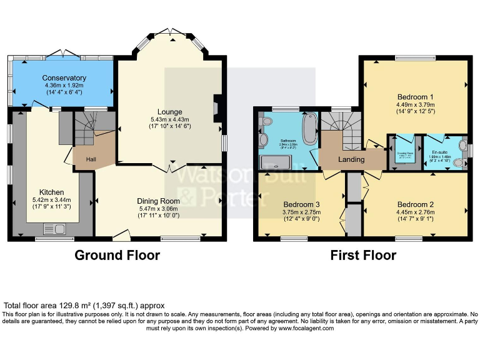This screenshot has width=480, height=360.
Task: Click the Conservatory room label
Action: pyautogui.click(x=64, y=77)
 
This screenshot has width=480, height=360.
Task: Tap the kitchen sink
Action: pyautogui.click(x=51, y=229)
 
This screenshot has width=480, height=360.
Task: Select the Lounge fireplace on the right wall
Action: pyautogui.click(x=216, y=107)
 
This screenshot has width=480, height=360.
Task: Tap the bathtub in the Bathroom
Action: pyautogui.click(x=309, y=129)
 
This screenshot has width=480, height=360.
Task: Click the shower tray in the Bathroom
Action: pyautogui.click(x=276, y=162)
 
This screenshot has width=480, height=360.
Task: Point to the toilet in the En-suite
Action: pyautogui.click(x=461, y=163)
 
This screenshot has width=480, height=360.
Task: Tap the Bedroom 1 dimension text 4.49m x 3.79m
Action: pyautogui.click(x=416, y=106)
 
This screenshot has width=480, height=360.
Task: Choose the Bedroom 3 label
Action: pyautogui.click(x=302, y=204)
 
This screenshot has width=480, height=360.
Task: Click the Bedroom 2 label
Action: pyautogui.click(x=416, y=204)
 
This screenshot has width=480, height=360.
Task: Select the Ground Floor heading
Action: pyautogui.click(x=117, y=255)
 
